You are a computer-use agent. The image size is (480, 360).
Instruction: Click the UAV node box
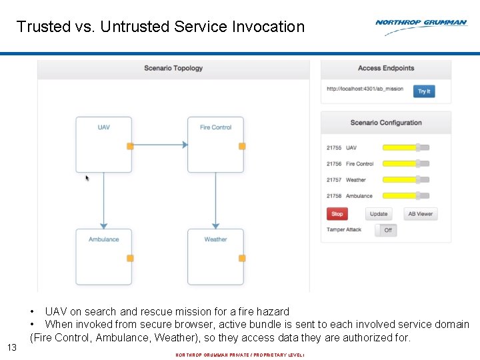pos(103,144)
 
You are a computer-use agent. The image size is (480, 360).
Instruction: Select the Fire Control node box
pos(215,144)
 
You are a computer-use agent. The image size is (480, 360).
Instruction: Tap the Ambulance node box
pos(103,256)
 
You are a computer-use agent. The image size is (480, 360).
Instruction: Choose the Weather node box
pos(215,256)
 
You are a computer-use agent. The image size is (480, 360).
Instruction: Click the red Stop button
pos(337,214)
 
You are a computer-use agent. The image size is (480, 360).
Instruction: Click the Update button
pos(379,214)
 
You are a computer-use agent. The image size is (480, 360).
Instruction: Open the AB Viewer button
pos(421,214)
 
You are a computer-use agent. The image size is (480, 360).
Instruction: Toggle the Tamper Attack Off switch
pos(385,230)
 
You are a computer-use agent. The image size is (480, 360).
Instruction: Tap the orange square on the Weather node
pos(242,258)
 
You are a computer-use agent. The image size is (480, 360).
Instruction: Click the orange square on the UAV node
pos(130,146)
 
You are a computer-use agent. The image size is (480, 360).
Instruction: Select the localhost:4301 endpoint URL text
pos(365,89)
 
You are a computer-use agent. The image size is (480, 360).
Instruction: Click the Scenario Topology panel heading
pos(173,68)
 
